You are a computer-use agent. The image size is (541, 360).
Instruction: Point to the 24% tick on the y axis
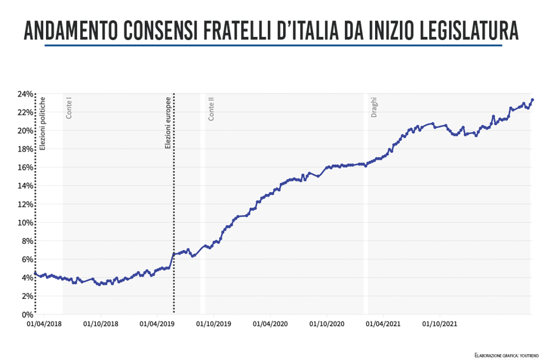pos(25,94)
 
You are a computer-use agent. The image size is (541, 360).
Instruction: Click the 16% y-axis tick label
pos(25,168)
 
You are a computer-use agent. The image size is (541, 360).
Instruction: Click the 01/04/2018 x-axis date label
pos(44,324)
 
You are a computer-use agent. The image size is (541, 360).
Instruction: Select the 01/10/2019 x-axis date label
pos(213,324)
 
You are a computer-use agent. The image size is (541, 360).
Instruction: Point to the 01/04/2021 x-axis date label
pos(384,324)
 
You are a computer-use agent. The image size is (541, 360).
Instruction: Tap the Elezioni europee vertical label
pos(168,122)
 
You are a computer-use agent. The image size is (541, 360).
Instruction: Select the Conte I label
pos(69,108)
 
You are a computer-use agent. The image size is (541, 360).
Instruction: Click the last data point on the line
pos(532,100)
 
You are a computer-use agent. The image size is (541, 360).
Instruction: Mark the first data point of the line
pos(35,273)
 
